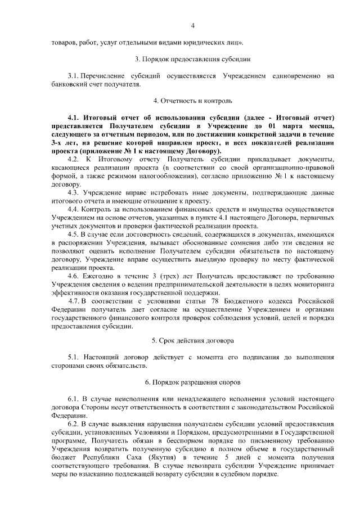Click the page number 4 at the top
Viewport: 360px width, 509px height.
(x=192, y=25)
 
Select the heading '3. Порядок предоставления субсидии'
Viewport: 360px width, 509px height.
(x=192, y=59)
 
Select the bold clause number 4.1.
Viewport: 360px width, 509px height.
(x=74, y=118)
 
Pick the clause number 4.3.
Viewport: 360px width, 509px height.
(x=74, y=192)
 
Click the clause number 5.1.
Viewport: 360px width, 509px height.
(x=74, y=357)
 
